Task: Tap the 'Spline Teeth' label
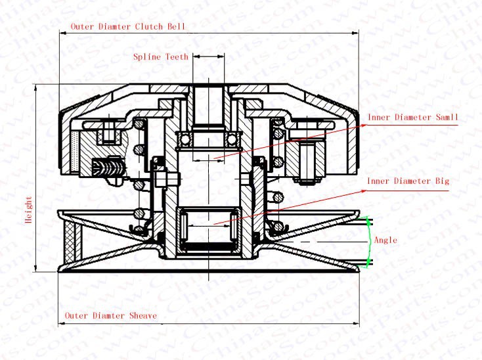point(161,57)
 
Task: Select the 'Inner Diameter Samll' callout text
point(412,117)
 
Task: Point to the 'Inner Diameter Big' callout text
point(408,181)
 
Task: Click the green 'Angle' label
point(385,240)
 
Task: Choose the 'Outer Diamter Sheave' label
point(110,316)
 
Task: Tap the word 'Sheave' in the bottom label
point(142,316)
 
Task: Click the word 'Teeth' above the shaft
point(177,57)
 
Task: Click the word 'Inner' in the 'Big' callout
point(380,181)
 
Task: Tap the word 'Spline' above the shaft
point(147,57)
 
